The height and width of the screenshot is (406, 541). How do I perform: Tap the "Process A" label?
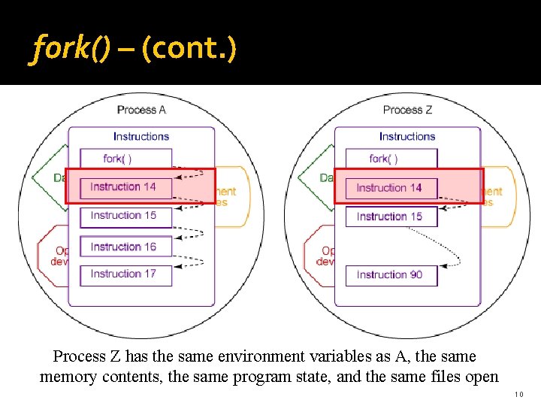(x=141, y=110)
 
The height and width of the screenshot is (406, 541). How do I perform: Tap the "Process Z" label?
(x=407, y=110)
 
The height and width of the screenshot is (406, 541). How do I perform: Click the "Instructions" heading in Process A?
(x=141, y=136)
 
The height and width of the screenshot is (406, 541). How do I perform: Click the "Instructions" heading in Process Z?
(x=407, y=136)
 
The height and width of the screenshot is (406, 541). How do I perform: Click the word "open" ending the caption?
(x=479, y=377)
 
